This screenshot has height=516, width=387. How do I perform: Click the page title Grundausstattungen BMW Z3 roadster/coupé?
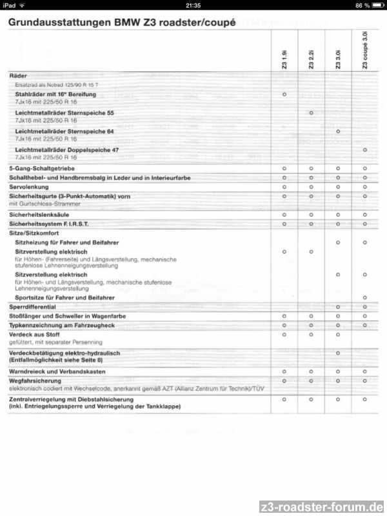122,23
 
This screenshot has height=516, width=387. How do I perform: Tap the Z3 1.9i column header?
284,62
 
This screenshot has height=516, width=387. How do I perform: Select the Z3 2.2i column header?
311,61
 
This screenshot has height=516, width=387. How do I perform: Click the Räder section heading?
18,76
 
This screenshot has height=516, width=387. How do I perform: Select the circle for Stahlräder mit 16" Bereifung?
284,94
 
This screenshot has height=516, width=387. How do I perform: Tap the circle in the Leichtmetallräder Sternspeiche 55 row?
311,113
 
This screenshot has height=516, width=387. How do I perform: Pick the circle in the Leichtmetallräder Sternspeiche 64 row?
338,132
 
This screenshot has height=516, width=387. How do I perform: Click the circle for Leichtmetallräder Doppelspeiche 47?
365,150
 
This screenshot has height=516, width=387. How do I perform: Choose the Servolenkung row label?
30,186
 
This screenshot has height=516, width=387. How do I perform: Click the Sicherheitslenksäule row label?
39,214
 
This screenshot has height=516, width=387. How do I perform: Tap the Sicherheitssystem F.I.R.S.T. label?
49,223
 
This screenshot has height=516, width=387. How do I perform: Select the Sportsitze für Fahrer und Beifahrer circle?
365,298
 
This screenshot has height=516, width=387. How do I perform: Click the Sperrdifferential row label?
32,307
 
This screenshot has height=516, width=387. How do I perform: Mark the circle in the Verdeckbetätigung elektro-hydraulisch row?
338,353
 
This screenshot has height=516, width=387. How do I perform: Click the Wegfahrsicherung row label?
34,381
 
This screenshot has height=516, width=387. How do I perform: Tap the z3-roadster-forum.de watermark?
322,506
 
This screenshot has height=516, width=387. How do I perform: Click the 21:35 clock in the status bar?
193,5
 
